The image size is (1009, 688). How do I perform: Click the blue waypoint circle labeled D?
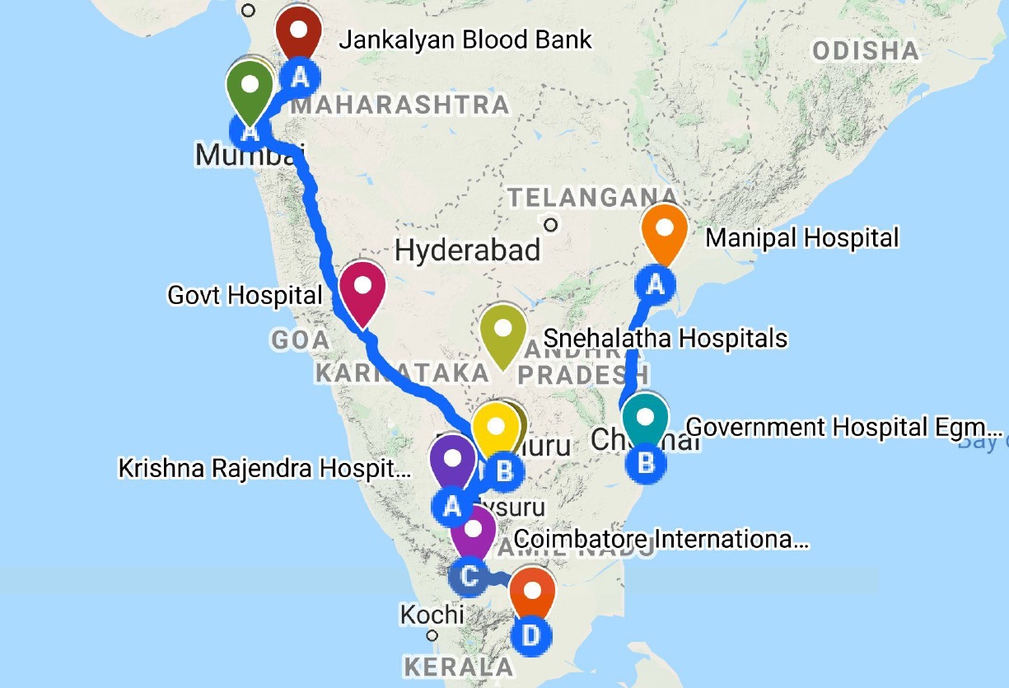531,635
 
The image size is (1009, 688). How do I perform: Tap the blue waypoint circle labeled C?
468,575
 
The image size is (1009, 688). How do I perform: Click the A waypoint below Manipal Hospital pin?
656,285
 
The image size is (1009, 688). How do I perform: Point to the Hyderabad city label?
468,250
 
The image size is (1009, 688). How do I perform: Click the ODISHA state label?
865,51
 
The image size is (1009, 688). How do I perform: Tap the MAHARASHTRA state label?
400,105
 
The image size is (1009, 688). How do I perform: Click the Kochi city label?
432,615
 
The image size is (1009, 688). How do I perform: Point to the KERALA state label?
458,667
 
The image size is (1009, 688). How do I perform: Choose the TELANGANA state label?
593,197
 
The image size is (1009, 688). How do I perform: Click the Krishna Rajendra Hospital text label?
264,469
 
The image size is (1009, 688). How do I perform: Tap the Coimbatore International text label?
661,541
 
